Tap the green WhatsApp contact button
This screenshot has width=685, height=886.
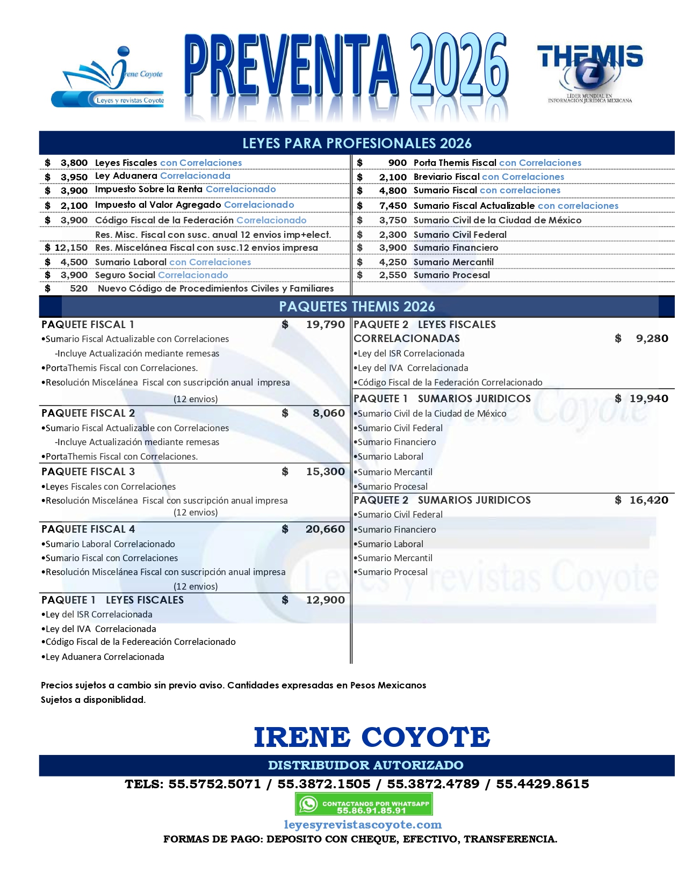point(364,804)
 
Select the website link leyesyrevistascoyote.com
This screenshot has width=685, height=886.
point(363,824)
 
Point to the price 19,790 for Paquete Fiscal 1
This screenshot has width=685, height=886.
point(325,324)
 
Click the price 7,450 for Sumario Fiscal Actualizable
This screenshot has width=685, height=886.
point(393,206)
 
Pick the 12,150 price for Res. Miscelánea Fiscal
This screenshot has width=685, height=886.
point(70,248)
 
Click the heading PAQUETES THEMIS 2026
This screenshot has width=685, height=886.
point(357,307)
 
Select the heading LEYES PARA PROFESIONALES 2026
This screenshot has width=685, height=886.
point(357,143)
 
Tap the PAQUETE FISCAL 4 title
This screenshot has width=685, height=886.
point(88,529)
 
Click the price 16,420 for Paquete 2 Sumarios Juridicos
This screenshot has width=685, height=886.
point(648,500)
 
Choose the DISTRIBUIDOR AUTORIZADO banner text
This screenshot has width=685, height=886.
point(365,765)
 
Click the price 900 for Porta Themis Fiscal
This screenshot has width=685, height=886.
point(397,163)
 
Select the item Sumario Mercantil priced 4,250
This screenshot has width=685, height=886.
point(453,262)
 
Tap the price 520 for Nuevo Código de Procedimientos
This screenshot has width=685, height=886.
point(78,288)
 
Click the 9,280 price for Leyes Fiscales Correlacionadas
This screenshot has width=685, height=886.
point(652,338)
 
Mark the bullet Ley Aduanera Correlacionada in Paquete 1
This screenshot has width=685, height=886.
point(105,657)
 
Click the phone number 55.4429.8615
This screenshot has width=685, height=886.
point(542,784)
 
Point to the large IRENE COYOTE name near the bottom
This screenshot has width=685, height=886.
point(372,737)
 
